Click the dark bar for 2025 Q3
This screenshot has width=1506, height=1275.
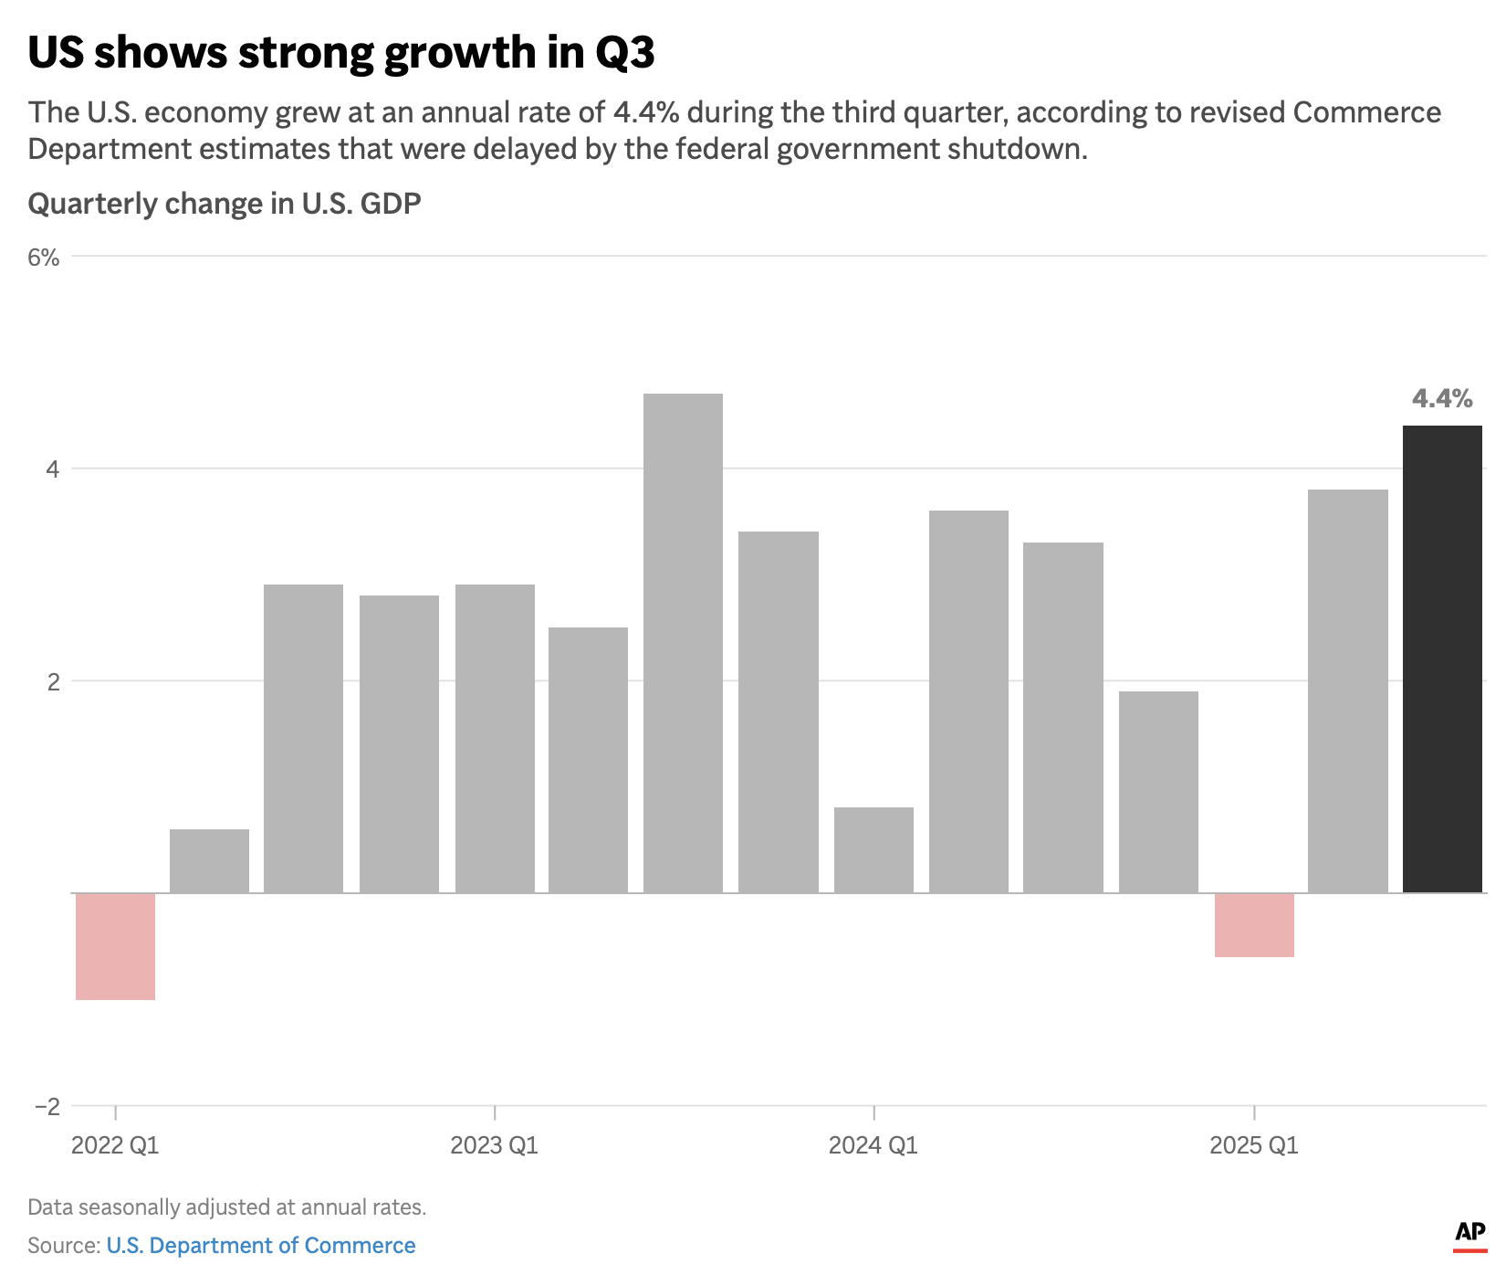(x=1442, y=659)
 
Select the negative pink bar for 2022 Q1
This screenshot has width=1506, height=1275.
(x=115, y=946)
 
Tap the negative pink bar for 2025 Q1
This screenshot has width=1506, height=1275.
(x=1254, y=924)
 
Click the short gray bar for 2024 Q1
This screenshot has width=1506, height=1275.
(x=873, y=849)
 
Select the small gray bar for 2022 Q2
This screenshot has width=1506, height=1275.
(x=209, y=860)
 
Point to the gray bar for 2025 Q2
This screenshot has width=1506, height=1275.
(x=1347, y=690)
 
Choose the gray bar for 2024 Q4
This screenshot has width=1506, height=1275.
(x=1158, y=792)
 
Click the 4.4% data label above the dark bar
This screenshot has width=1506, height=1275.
(x=1442, y=398)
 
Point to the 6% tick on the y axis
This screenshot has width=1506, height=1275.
(x=44, y=258)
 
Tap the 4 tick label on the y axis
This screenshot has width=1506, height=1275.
(x=52, y=469)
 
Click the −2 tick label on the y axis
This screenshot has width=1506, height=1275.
(x=47, y=1107)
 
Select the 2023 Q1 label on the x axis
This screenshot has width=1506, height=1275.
(x=494, y=1145)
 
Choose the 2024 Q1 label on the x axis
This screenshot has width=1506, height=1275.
(x=873, y=1145)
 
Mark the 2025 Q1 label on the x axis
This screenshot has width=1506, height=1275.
(x=1253, y=1145)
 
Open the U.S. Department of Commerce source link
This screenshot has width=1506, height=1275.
(x=261, y=1246)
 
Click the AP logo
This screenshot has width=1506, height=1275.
(x=1469, y=1234)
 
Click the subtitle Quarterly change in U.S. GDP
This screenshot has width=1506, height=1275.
(x=225, y=203)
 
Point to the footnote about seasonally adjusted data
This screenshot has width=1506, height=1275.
(x=227, y=1207)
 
